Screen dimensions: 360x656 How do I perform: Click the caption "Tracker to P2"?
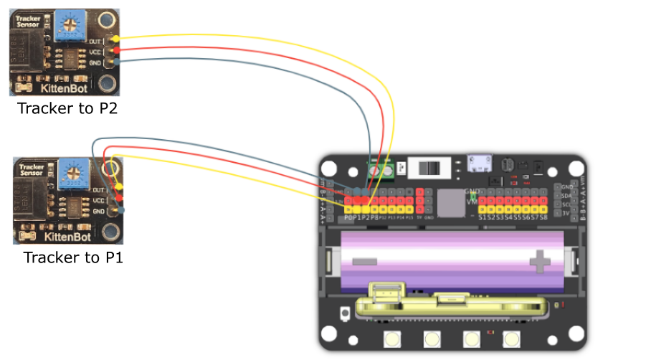point(67,108)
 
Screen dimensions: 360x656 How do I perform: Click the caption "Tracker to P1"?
point(73,257)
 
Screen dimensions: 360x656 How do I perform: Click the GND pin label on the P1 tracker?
point(99,212)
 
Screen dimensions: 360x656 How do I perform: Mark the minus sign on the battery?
point(364,261)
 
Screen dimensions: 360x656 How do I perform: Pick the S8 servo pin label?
point(543,217)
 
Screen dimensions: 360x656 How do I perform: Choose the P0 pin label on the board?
point(350,217)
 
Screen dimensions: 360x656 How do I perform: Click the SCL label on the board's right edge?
point(566,203)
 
